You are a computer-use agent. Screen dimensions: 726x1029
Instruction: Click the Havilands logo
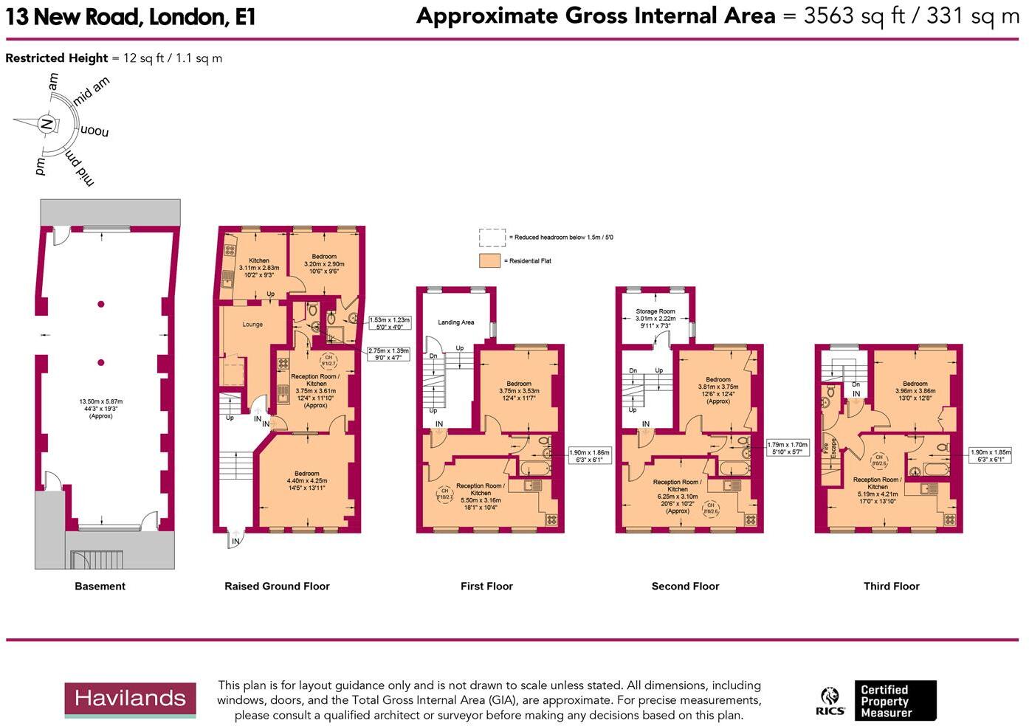[130, 699]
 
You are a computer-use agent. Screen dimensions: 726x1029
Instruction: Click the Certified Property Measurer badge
[895, 700]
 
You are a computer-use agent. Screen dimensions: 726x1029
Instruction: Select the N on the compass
[46, 124]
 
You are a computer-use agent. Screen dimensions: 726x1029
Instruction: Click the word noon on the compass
[94, 131]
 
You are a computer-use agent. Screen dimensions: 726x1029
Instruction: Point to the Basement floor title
[100, 586]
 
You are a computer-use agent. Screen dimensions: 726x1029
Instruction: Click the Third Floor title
[891, 586]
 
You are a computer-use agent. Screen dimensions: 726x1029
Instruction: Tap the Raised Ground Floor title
[277, 586]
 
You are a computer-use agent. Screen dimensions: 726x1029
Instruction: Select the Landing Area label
[455, 322]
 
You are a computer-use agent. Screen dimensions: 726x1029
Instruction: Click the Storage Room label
[655, 312]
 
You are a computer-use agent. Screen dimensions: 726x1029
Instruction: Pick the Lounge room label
[252, 325]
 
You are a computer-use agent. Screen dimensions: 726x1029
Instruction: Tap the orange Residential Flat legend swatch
[489, 260]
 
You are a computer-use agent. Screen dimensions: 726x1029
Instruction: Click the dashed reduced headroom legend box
[492, 237]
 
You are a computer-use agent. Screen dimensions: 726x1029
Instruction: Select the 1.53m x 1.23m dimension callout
[389, 323]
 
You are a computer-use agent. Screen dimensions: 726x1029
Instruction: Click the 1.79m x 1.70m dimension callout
[787, 448]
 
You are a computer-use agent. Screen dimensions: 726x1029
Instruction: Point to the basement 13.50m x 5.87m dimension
[100, 408]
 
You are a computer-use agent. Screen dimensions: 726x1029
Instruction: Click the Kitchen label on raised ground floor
[259, 260]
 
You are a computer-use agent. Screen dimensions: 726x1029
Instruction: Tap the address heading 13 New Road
[131, 17]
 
